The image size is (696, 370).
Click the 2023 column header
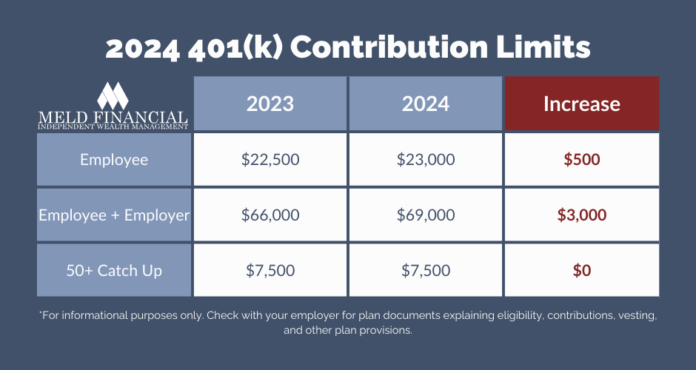[270, 104]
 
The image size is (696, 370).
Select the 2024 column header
[426, 104]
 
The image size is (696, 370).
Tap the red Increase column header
[581, 104]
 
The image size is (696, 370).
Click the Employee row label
[114, 159]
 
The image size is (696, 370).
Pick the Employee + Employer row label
[114, 215]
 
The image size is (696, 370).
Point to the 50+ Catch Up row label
[114, 270]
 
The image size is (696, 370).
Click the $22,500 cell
[270, 159]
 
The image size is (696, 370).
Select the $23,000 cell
[426, 159]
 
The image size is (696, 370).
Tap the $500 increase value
[581, 159]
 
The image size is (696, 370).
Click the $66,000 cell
[270, 215]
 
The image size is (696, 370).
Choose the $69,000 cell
[426, 215]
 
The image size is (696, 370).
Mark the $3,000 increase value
[581, 215]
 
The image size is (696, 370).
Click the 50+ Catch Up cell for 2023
[270, 270]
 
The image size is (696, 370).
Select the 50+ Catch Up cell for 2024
[426, 270]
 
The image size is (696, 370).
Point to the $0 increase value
[581, 270]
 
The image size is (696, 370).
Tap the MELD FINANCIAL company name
[113, 117]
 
